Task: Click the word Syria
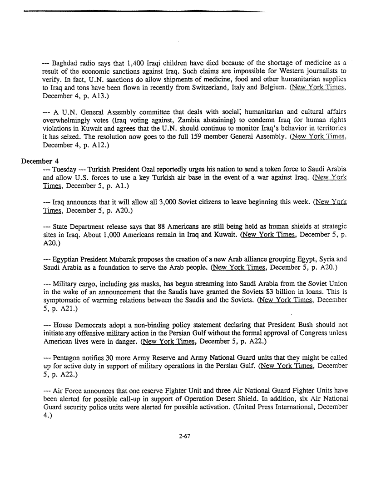327,259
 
